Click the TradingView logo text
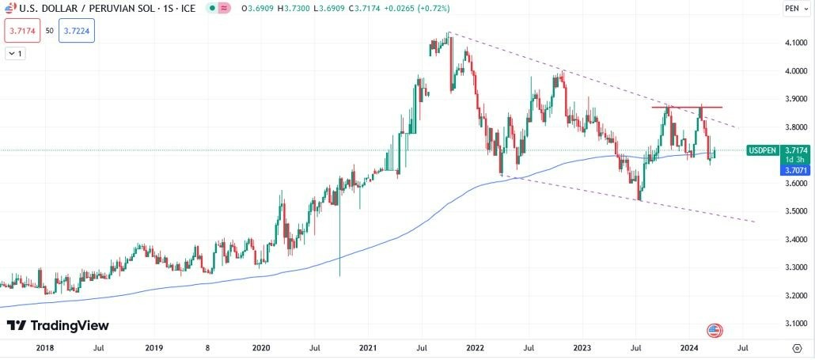[x=58, y=326]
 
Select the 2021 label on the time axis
[x=367, y=347]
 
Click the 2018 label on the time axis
[x=45, y=347]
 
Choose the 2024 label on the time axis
[x=689, y=347]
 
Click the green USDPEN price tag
[x=762, y=150]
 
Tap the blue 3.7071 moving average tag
[x=793, y=170]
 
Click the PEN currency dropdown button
[x=794, y=9]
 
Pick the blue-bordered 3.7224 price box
[x=77, y=30]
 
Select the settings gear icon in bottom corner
[x=796, y=347]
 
